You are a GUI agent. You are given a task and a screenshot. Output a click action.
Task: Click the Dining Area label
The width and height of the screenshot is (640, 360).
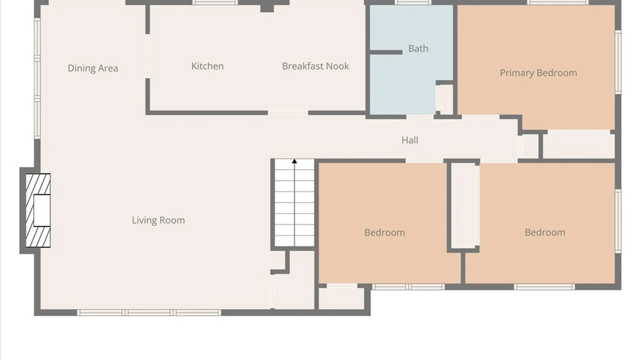(x=93, y=68)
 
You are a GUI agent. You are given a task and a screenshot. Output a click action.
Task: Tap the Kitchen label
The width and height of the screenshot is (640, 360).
(x=207, y=66)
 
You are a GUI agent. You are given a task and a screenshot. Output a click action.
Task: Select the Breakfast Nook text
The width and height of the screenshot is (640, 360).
(x=315, y=66)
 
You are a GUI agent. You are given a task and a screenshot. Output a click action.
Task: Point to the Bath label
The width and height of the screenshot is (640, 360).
(x=418, y=49)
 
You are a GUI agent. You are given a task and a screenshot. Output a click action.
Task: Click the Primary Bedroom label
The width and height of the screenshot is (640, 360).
(x=538, y=73)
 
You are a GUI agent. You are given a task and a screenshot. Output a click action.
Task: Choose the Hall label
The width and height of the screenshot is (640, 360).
(x=410, y=140)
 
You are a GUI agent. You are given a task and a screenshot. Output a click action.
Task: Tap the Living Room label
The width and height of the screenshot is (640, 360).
(x=158, y=220)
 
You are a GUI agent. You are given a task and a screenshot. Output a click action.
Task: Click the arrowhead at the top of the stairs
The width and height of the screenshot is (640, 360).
(x=294, y=161)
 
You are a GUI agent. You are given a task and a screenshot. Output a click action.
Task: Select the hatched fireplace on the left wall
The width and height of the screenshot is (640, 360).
(x=38, y=210)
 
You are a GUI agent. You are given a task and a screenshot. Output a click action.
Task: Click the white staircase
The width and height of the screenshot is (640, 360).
(x=294, y=203)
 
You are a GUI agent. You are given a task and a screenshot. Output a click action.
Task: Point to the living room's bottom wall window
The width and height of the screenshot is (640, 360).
(x=149, y=313)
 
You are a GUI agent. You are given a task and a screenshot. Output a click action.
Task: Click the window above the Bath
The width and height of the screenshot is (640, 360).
(x=413, y=2)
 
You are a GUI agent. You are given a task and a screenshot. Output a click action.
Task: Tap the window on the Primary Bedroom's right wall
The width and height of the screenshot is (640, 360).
(x=618, y=62)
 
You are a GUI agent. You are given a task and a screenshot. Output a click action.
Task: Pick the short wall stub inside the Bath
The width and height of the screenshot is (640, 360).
(x=386, y=52)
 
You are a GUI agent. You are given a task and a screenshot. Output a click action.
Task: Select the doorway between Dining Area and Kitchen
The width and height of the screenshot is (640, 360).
(x=147, y=56)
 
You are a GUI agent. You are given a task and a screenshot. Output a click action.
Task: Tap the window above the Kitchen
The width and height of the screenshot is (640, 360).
(x=215, y=2)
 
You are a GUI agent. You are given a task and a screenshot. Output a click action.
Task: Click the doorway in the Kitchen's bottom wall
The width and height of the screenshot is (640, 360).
(x=288, y=113)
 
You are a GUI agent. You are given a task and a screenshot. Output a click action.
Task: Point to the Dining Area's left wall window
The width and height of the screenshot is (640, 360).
(x=37, y=78)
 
